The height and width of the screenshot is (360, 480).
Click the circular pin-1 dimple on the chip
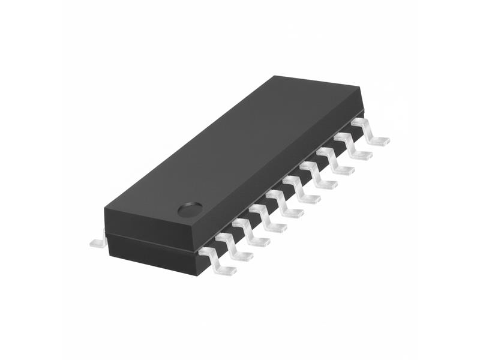coord(190,210)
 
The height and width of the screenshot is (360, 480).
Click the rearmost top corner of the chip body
coord(275,76)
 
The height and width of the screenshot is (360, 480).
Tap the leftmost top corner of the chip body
coord(105,209)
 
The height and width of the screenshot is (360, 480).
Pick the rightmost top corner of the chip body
coord(362,88)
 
